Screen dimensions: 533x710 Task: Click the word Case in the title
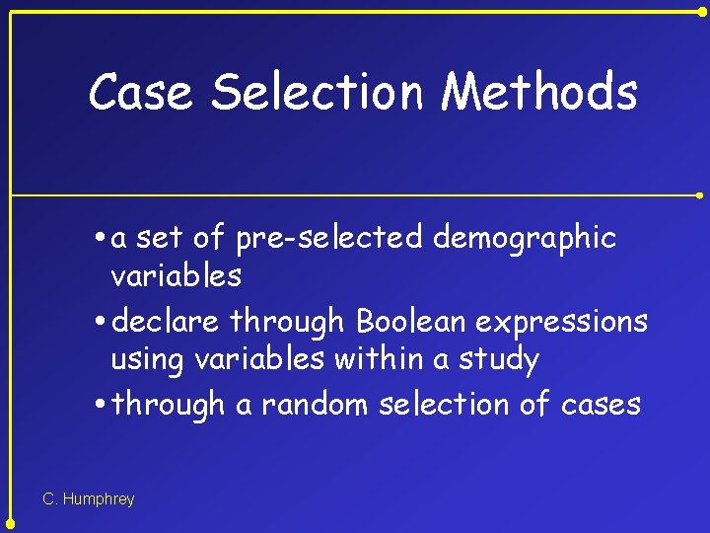(142, 92)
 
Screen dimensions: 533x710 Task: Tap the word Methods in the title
(539, 92)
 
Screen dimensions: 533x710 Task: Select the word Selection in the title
(319, 92)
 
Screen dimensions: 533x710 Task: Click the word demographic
(525, 239)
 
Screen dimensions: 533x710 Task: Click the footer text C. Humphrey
(89, 499)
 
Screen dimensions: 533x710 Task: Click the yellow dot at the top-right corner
(702, 10)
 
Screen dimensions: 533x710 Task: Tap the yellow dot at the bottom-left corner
(10, 524)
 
